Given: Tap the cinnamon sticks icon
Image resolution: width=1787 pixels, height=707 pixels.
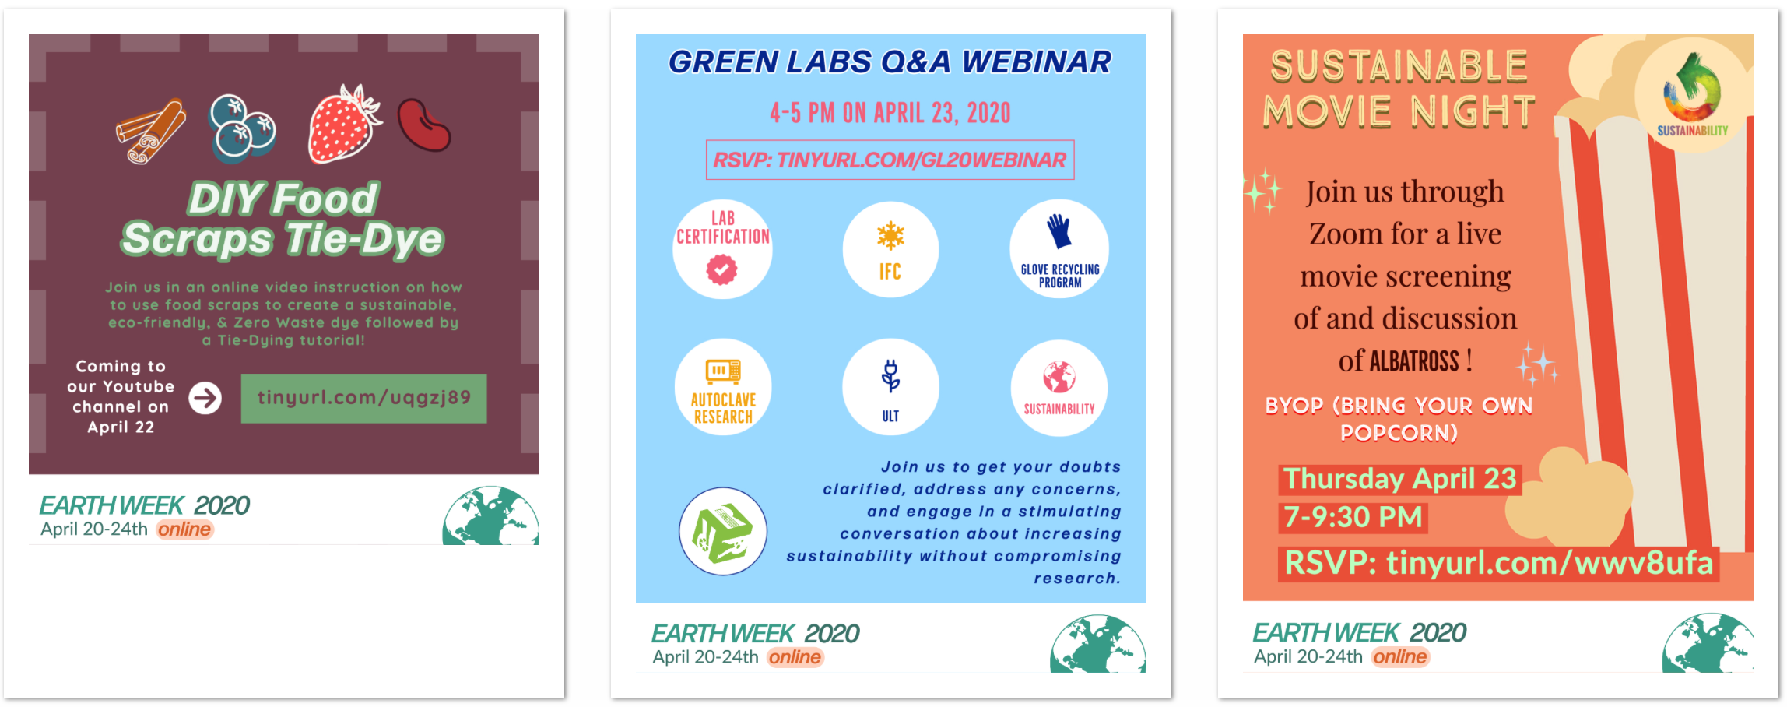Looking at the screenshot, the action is click(151, 131).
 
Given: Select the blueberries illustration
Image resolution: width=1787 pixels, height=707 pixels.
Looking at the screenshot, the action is click(242, 129).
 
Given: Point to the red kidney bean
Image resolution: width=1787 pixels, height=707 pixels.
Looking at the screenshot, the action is click(424, 125).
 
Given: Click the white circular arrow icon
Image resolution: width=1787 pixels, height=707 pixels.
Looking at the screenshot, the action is click(205, 398).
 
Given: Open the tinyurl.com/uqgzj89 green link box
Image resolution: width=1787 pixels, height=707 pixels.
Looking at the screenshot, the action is click(363, 398).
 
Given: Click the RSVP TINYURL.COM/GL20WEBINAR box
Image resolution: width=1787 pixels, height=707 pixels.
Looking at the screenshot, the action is click(890, 160).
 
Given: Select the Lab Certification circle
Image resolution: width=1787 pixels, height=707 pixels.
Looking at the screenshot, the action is click(722, 249).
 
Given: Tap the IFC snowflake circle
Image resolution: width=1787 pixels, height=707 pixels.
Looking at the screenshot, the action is click(890, 249).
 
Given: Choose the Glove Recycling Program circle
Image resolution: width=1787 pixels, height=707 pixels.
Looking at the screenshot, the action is click(1059, 249).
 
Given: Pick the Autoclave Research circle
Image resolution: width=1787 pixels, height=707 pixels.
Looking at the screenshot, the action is click(723, 387).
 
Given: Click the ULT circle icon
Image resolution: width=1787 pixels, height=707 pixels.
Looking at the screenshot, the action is click(890, 387).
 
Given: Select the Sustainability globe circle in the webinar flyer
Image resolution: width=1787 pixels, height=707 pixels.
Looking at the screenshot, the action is click(1059, 387).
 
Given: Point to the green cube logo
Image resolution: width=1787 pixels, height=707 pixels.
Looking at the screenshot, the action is click(723, 532).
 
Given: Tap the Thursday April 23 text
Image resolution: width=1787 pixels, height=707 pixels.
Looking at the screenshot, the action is click(1399, 479).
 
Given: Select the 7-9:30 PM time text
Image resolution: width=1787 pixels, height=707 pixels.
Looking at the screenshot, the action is click(1353, 517).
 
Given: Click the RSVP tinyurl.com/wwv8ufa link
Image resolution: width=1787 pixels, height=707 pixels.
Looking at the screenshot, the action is click(1498, 563).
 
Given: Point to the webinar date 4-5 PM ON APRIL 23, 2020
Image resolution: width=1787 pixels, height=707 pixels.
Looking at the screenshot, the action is click(890, 113).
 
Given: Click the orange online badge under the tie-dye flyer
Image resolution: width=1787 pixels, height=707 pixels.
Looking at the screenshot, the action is click(184, 529).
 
